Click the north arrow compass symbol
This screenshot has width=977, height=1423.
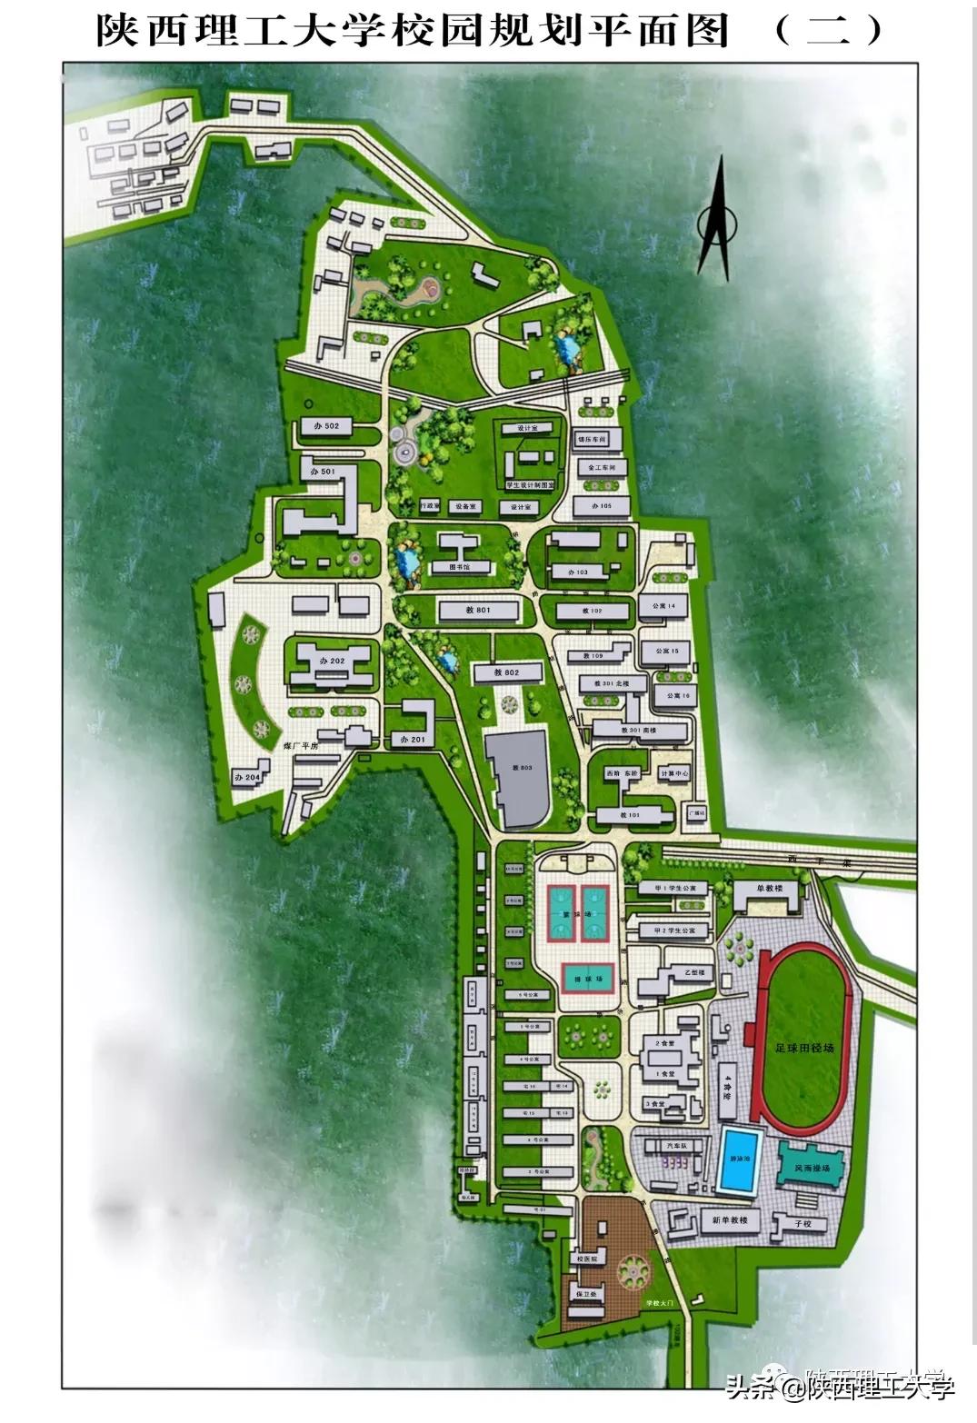tap(715, 218)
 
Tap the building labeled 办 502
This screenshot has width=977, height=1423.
tap(325, 426)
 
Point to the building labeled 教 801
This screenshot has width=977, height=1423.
tap(478, 610)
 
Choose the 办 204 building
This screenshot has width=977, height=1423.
tap(247, 777)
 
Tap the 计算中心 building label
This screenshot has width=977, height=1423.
tap(673, 773)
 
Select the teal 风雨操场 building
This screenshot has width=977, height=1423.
tap(811, 1166)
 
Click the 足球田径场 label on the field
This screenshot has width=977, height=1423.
tap(803, 1048)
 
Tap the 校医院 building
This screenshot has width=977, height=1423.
tap(587, 1259)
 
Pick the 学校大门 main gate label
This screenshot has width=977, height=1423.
tap(660, 1303)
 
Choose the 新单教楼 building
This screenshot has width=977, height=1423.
tap(729, 1220)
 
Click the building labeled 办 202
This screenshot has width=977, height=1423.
tap(331, 662)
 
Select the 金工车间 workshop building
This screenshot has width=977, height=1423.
tap(601, 468)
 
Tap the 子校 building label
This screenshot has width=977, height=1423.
tap(803, 1224)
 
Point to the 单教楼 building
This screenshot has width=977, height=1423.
tap(768, 889)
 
